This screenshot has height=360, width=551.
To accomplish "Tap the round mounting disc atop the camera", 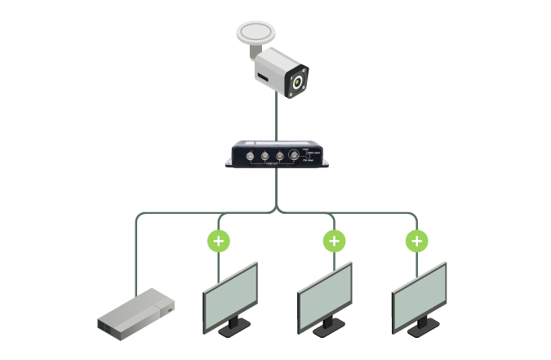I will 258,34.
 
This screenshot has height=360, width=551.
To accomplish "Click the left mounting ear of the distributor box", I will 231,162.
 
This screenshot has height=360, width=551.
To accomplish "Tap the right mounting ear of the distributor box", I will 327,162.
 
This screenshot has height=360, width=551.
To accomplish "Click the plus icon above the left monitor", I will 218,242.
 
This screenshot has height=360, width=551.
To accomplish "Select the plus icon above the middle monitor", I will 333,242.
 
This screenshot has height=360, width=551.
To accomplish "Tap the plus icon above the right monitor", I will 417,242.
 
